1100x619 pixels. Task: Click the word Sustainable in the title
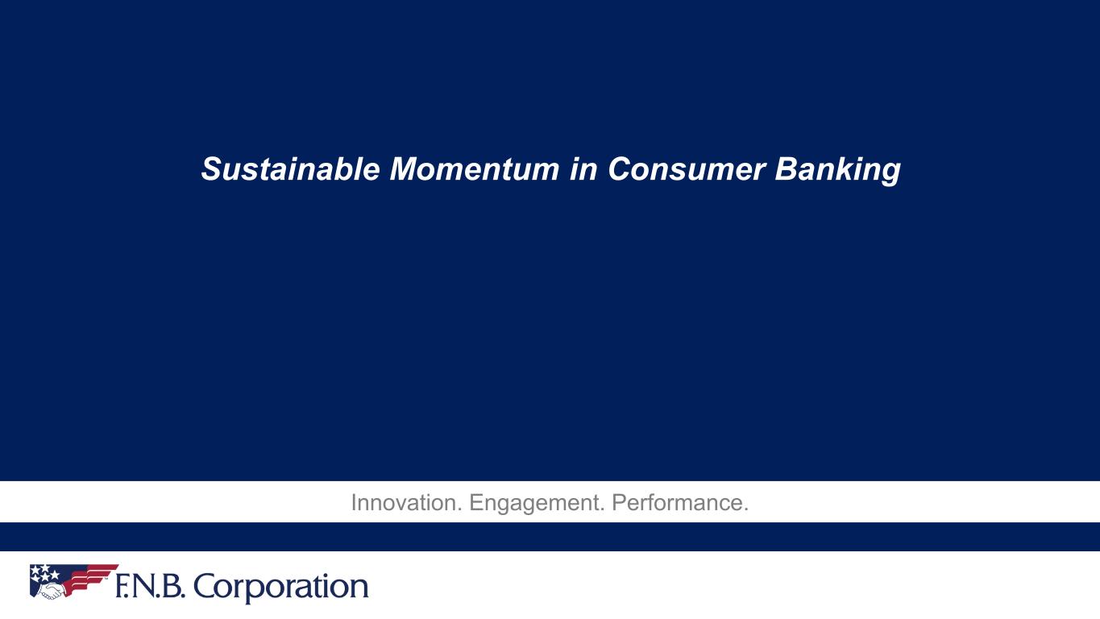291,169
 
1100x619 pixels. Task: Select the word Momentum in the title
475,169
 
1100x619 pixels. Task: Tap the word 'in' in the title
584,169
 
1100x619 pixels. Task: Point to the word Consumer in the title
687,169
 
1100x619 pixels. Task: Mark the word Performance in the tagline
677,503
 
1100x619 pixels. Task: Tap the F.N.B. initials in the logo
150,586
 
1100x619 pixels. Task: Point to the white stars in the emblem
44,571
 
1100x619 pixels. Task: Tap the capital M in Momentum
407,169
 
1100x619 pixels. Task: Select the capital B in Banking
787,169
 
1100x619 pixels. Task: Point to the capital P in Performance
619,503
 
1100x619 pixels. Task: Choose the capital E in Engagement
476,503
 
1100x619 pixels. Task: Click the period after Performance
746,510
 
